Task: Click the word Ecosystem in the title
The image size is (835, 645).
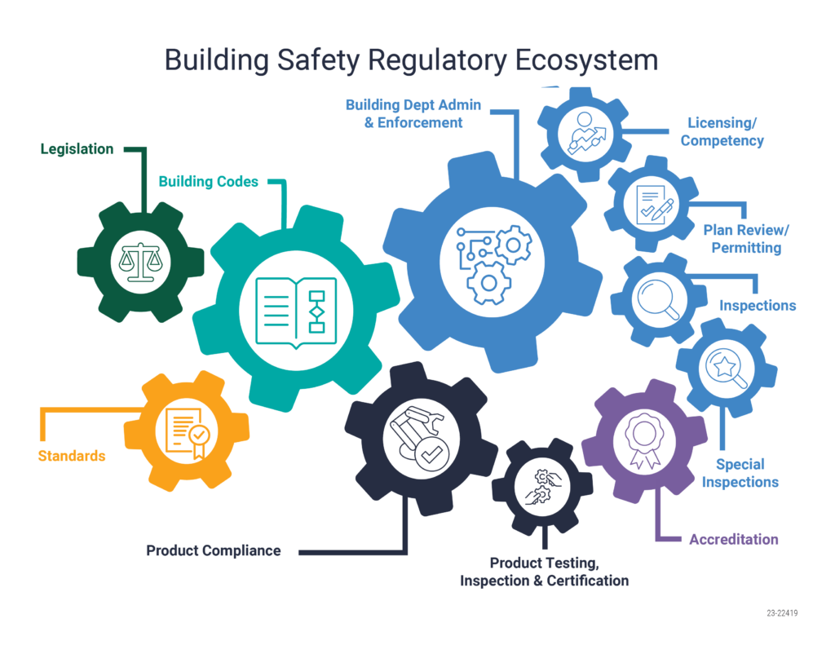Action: [586, 60]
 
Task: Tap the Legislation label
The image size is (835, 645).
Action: [77, 149]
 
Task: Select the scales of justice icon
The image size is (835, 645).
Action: [140, 262]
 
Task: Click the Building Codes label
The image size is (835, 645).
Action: [208, 182]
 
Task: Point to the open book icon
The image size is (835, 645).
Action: [296, 312]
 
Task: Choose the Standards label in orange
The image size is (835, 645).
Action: [72, 456]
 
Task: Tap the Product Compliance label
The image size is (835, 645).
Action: [214, 550]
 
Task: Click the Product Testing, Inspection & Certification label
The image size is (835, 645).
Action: [544, 572]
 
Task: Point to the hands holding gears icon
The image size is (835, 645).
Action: [542, 487]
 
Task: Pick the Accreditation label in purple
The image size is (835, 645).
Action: [734, 540]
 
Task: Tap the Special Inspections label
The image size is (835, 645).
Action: [740, 473]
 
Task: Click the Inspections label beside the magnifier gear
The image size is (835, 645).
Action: [758, 306]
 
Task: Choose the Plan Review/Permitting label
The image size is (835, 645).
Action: [746, 239]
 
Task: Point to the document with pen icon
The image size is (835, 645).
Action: [655, 205]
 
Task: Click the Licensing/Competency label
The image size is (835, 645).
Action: [722, 131]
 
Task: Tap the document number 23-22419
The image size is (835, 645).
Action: [782, 613]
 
